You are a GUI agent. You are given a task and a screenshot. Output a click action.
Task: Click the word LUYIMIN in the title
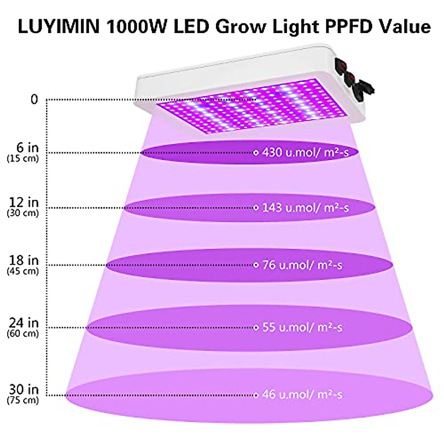point(59,27)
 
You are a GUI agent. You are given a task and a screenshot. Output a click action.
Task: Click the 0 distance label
point(34,100)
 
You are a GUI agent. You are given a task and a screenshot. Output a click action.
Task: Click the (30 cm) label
point(23,213)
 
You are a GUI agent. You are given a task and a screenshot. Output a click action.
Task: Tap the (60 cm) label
point(23,333)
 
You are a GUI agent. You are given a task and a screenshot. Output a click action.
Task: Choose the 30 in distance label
point(24,390)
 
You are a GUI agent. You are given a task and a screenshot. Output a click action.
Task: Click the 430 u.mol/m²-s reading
point(305,152)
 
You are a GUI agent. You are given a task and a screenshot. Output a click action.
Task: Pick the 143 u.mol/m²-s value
point(305,208)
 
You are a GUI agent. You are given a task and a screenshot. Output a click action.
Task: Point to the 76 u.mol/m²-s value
point(302,265)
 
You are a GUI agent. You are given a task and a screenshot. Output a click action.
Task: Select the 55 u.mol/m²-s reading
point(302,327)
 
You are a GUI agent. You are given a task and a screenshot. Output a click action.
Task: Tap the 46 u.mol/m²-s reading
point(302,395)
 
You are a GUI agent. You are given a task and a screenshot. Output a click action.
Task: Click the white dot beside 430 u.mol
point(256,152)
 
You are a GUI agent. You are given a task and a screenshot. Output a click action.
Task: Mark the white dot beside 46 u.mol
point(256,395)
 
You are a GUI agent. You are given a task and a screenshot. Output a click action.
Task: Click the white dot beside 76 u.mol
point(256,265)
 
